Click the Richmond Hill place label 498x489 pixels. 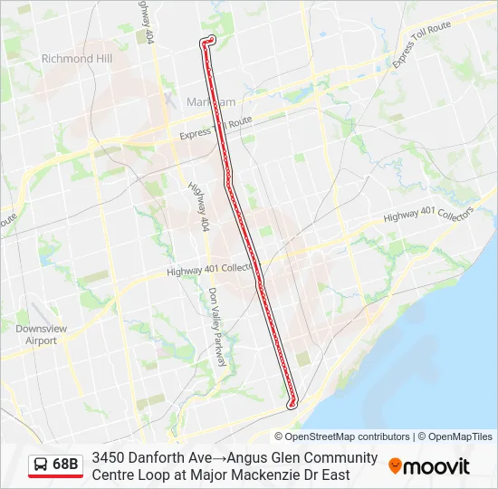(x=76, y=59)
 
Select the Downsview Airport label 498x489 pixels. (x=36, y=334)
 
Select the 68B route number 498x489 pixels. (x=66, y=465)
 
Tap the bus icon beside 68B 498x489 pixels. (x=41, y=465)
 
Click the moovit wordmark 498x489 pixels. (x=436, y=466)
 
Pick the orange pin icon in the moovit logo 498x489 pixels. (x=395, y=466)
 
